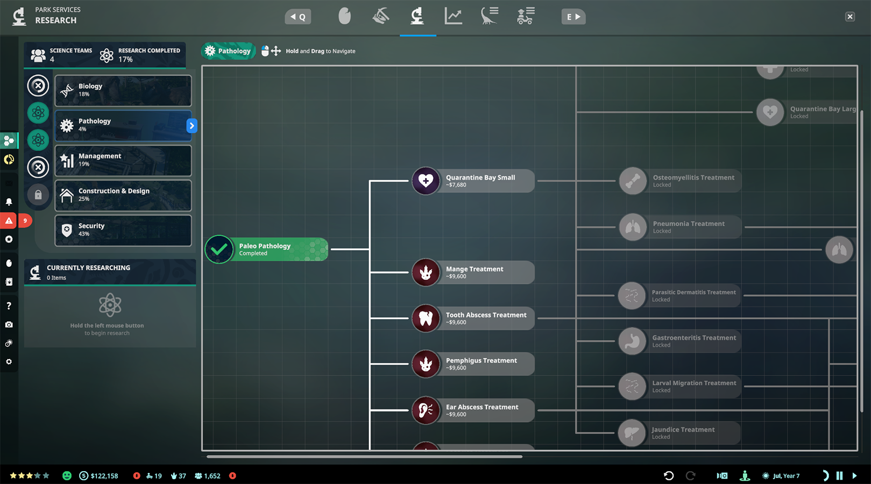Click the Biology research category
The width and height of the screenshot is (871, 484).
point(123,90)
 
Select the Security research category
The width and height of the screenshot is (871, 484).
point(123,230)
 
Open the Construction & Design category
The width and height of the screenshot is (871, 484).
point(123,195)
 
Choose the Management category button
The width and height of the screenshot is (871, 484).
point(123,160)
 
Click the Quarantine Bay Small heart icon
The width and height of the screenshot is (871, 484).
point(426,181)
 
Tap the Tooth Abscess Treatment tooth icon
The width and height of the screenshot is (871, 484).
point(426,318)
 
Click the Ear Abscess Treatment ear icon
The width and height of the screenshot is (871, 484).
point(426,410)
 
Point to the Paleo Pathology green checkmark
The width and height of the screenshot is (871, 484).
point(219,249)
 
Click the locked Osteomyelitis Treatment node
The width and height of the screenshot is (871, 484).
point(680,181)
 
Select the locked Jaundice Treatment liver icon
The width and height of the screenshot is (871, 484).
point(632,433)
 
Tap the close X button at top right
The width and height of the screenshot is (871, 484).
point(850,17)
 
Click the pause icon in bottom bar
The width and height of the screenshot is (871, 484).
point(839,475)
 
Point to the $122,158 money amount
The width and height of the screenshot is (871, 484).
point(104,476)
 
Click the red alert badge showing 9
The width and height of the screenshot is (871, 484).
point(25,221)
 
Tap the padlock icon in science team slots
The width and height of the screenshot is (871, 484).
point(38,194)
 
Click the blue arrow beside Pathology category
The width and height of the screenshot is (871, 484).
point(192,125)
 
